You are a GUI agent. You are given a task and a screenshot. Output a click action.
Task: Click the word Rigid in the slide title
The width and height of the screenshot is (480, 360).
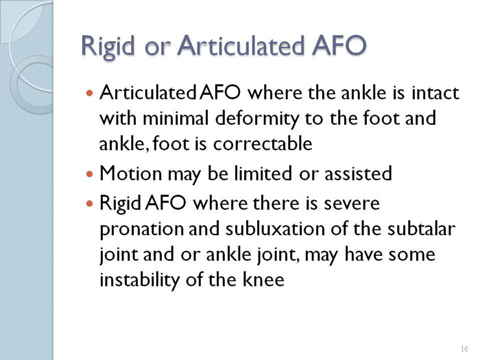(x=108, y=47)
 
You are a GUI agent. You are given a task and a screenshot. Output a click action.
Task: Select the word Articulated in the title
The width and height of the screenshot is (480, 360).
(x=240, y=45)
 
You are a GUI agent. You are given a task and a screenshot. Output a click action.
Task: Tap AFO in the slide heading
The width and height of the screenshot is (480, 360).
(x=339, y=45)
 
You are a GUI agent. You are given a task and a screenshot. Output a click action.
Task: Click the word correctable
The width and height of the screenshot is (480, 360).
(x=263, y=143)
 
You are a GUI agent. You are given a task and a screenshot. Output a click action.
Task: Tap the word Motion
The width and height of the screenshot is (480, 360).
(x=131, y=173)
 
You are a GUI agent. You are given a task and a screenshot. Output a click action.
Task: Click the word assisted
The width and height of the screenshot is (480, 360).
(x=358, y=173)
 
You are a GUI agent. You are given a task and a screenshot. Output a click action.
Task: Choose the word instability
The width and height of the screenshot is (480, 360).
(x=139, y=280)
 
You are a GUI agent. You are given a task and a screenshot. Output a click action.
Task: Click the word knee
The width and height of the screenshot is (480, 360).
(x=263, y=279)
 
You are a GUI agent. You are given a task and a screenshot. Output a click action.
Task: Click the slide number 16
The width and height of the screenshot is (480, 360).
(x=464, y=349)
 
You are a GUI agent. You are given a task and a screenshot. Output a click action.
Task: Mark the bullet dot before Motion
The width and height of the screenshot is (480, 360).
(x=89, y=174)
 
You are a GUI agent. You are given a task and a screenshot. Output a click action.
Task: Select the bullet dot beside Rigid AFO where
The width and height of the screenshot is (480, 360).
(x=89, y=203)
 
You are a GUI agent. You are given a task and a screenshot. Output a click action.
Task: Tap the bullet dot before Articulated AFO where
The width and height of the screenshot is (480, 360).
(x=89, y=93)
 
